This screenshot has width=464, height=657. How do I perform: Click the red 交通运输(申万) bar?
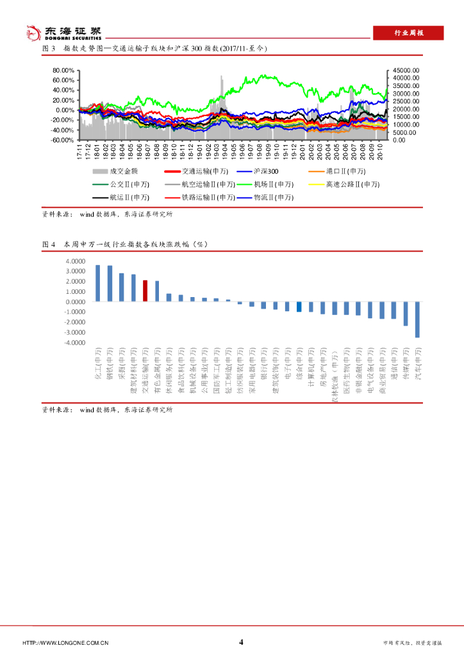pyautogui.click(x=145, y=291)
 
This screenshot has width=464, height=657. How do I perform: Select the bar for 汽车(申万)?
pyautogui.click(x=417, y=320)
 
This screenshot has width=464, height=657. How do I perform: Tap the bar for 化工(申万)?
pyautogui.click(x=98, y=283)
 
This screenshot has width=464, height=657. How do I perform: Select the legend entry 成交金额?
pyautogui.click(x=115, y=171)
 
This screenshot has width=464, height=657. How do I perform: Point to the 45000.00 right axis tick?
pyautogui.click(x=406, y=70)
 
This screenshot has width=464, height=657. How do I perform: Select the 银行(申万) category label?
pyautogui.click(x=263, y=366)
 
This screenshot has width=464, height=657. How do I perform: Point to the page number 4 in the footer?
pyautogui.click(x=241, y=642)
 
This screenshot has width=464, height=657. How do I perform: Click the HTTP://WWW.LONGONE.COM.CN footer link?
pyautogui.click(x=65, y=643)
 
